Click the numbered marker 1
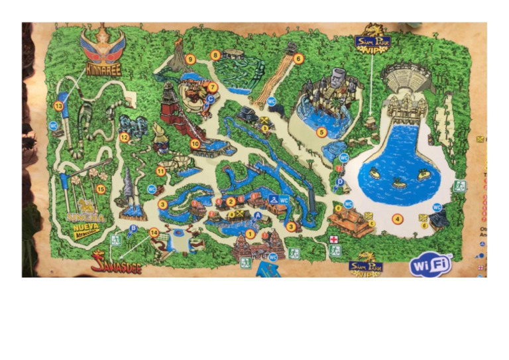point(250,233)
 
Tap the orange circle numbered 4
point(398,219)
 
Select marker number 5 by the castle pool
point(321,132)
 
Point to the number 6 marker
point(298,58)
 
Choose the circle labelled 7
point(213,87)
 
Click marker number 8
point(215,55)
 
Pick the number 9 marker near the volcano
point(190,60)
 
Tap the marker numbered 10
point(195,143)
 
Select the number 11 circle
point(160,171)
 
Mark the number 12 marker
point(124,137)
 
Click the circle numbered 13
point(59,105)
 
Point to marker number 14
point(154,233)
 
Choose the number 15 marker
point(101,189)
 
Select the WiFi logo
point(431,264)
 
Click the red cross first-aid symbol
point(335,239)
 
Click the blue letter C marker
point(210,98)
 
